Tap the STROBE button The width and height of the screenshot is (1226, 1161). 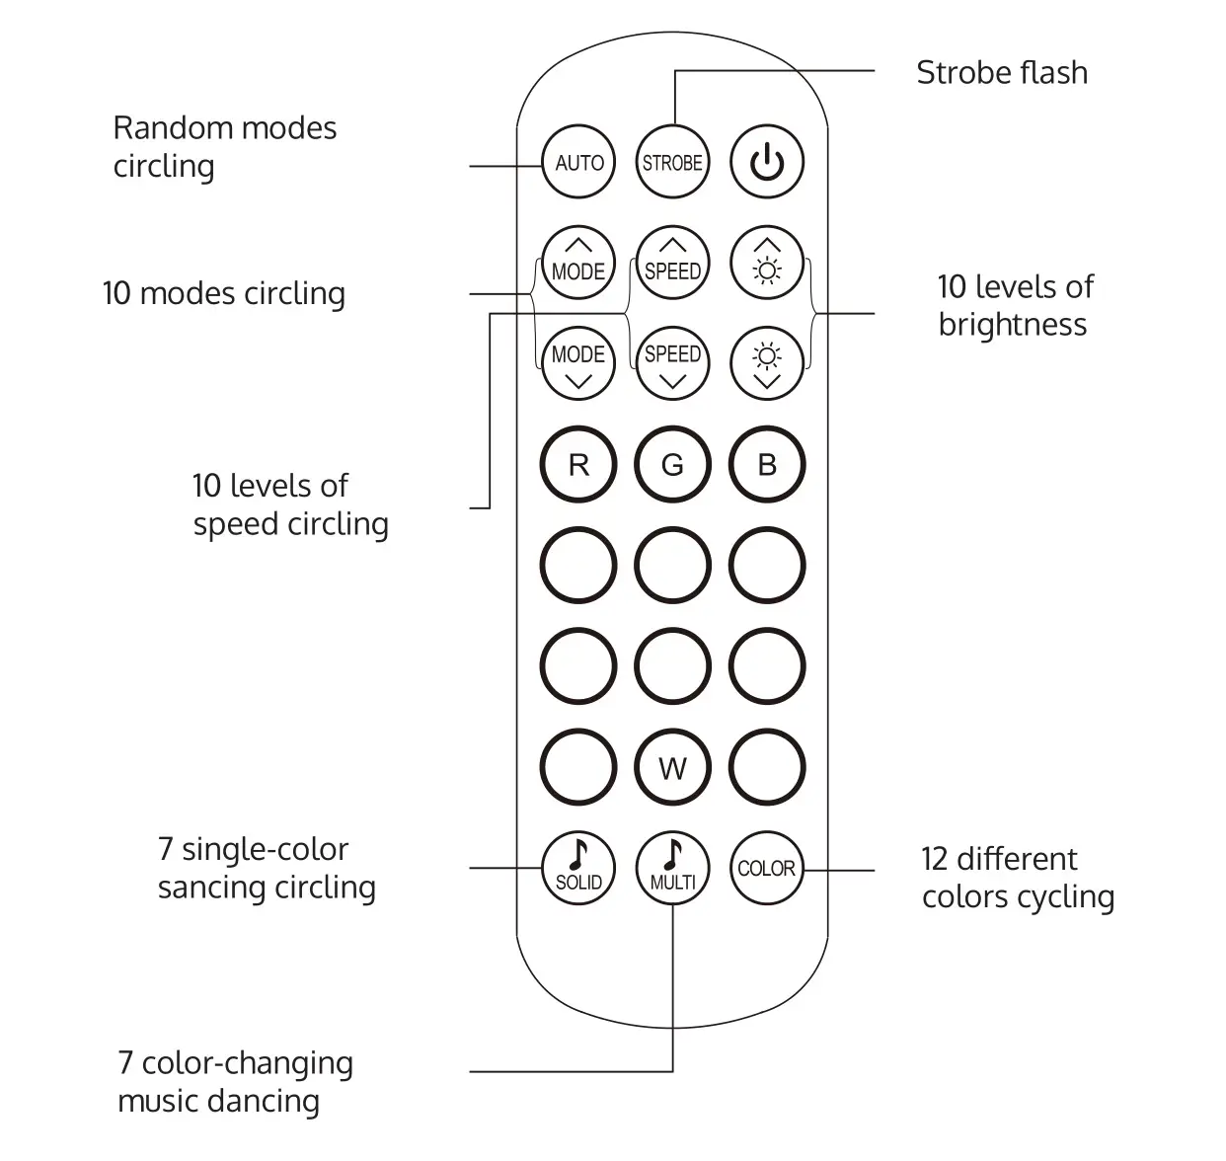click(x=672, y=163)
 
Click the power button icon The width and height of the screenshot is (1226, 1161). click(x=767, y=163)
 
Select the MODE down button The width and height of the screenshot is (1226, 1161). click(x=578, y=362)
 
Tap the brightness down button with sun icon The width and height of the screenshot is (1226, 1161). click(x=767, y=362)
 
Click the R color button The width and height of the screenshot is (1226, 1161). click(x=578, y=465)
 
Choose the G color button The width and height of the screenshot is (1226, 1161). click(x=672, y=465)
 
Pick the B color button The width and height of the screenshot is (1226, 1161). click(x=767, y=465)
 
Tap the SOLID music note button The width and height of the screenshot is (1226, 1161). click(x=578, y=866)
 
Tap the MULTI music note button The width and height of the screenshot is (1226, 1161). click(x=672, y=866)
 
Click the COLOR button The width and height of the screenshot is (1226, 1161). click(x=767, y=869)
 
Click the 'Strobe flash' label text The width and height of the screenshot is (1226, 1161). click(x=1001, y=73)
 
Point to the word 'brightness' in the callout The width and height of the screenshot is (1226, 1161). click(x=1012, y=325)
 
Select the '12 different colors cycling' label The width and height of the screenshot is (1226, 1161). click(x=1018, y=878)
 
